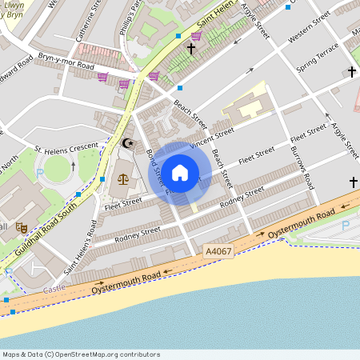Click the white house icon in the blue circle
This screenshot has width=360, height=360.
point(180,172)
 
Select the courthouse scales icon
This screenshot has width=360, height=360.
point(122,178)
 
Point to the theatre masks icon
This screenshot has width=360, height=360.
point(23,228)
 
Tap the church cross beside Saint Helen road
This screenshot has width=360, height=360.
point(190,50)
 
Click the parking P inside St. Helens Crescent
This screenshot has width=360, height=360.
point(40,172)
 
